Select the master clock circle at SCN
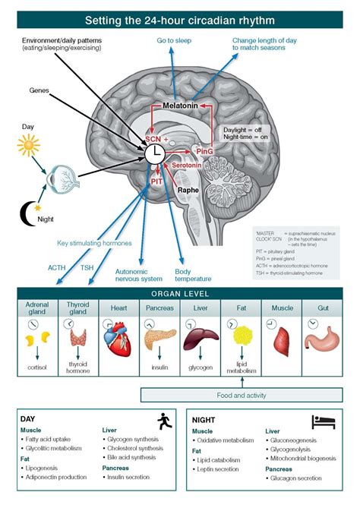pos(155,153)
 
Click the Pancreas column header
pos(159,308)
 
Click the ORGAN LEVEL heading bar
pos(180,294)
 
